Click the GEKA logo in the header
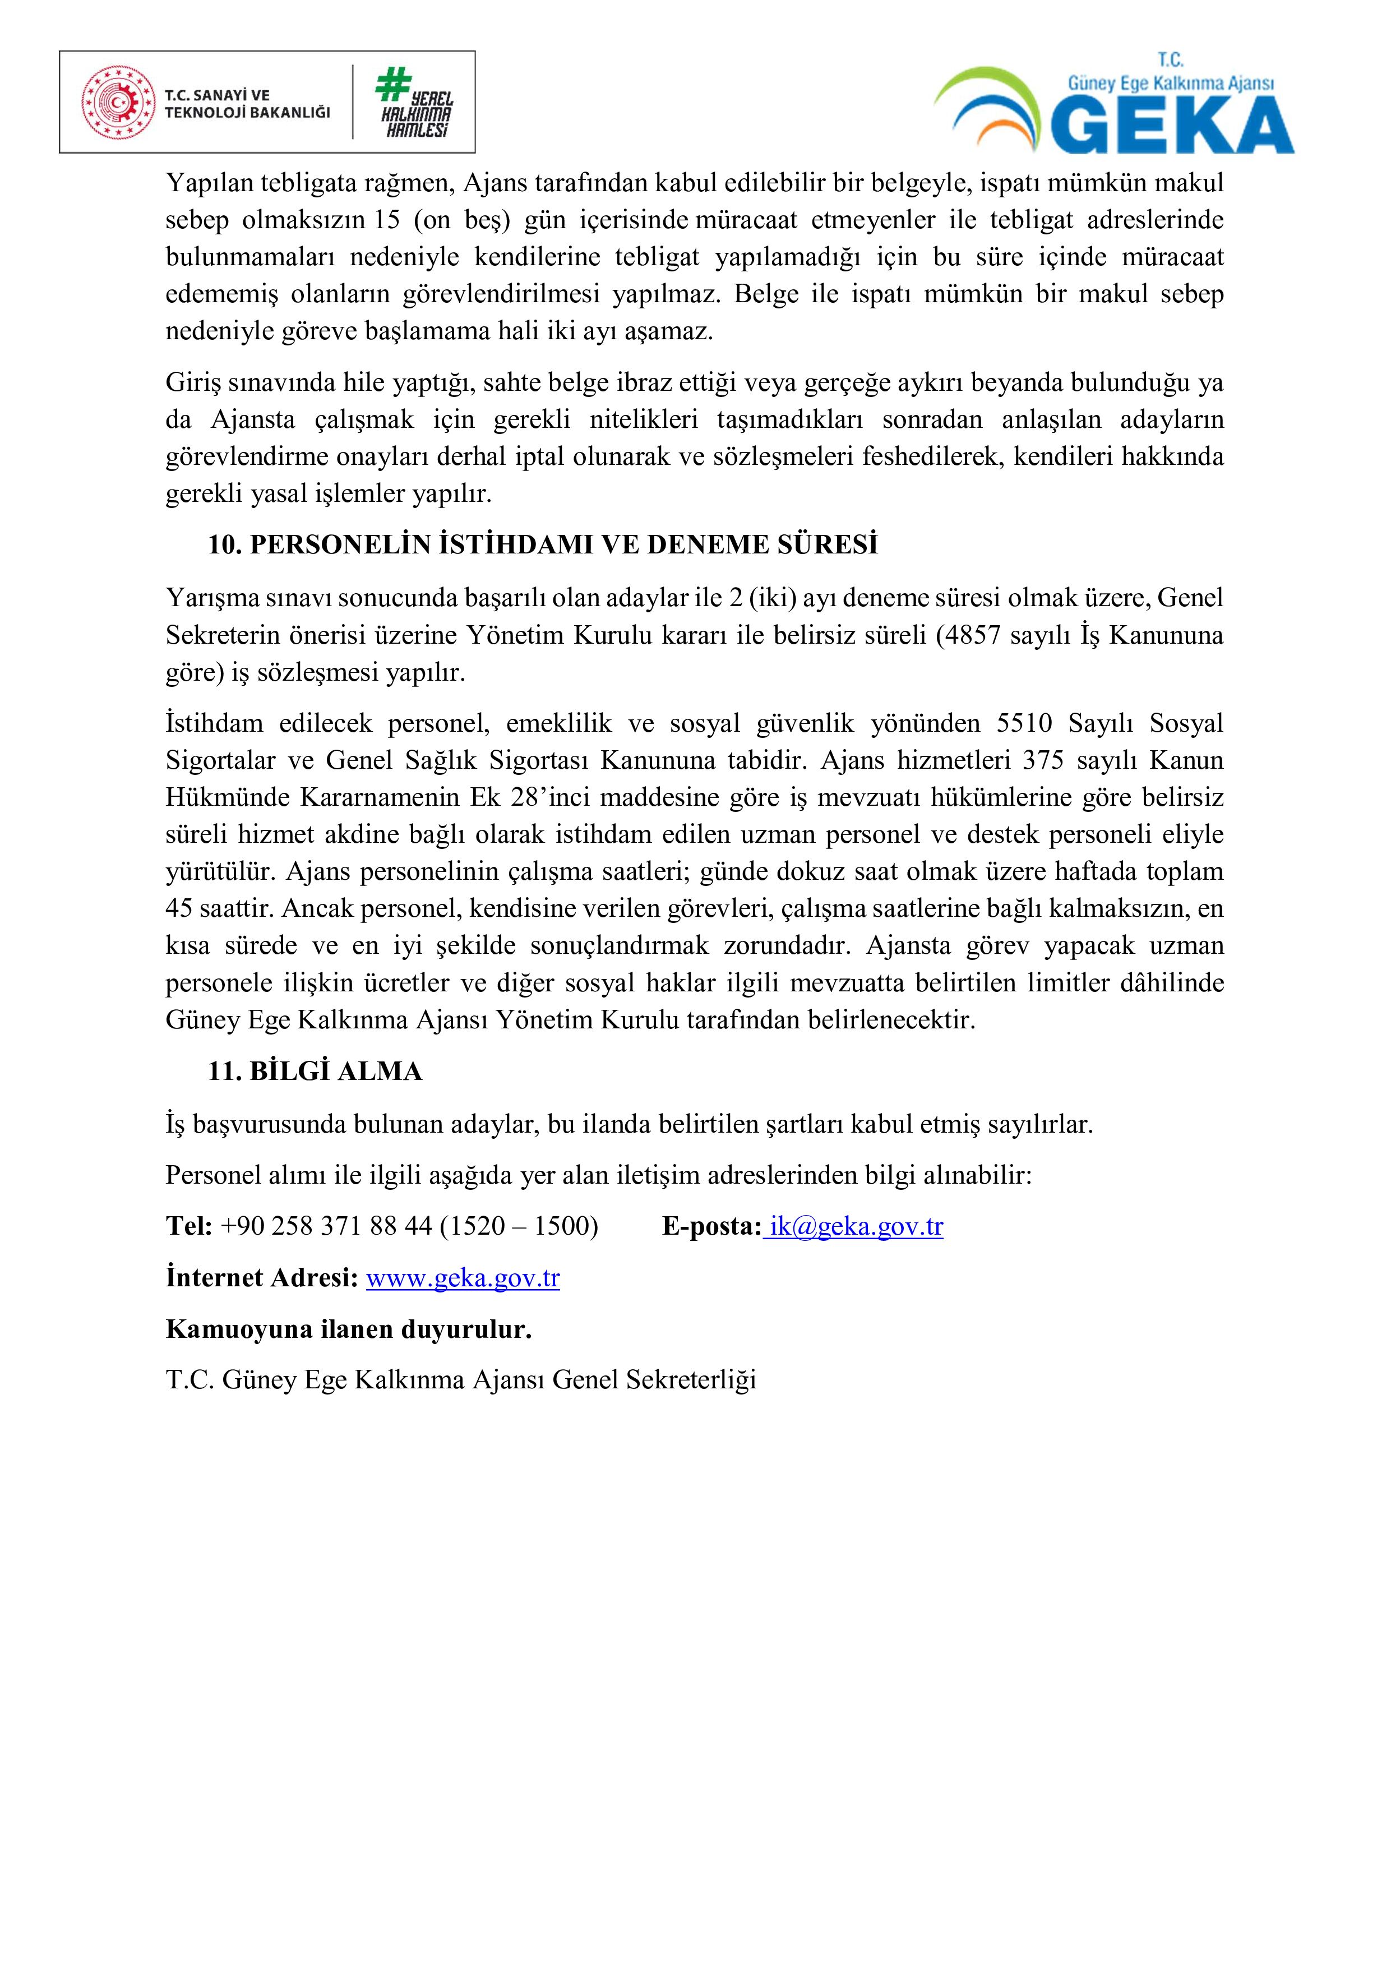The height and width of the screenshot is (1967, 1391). point(1113,107)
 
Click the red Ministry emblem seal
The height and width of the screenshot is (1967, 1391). point(115,103)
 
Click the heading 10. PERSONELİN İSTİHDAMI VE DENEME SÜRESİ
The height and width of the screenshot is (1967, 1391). point(543,545)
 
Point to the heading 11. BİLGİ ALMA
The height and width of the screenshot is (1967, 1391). point(315,1071)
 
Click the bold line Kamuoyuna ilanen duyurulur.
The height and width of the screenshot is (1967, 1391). point(349,1329)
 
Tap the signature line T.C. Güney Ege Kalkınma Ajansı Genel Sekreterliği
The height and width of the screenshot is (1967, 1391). point(461,1379)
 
